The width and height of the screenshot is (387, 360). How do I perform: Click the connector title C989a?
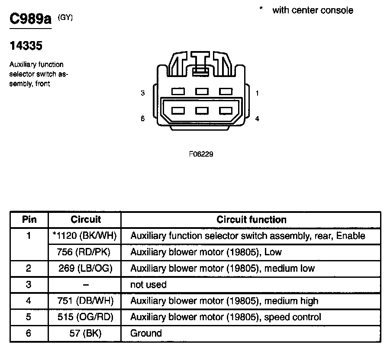click(x=30, y=19)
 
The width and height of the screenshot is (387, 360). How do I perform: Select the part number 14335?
click(x=26, y=46)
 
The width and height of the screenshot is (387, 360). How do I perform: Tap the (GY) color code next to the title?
click(x=65, y=17)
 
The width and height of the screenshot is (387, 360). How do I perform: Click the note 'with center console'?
click(x=313, y=10)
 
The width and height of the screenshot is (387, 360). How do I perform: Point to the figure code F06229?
click(x=201, y=154)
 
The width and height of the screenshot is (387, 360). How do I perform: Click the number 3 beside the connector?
click(x=143, y=93)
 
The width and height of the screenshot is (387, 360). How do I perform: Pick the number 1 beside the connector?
click(x=257, y=93)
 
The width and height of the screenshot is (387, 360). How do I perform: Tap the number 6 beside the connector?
click(x=143, y=119)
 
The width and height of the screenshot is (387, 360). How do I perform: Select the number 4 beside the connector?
click(x=257, y=119)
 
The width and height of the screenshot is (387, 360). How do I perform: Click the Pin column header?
click(x=29, y=220)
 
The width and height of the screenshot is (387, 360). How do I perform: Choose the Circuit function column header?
click(x=252, y=220)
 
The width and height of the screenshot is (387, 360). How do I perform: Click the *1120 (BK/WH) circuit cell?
click(x=85, y=236)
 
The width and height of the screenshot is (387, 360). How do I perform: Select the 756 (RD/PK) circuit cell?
click(x=85, y=252)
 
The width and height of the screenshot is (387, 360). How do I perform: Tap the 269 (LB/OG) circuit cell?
click(x=85, y=268)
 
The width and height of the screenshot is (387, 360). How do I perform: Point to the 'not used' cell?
click(x=148, y=285)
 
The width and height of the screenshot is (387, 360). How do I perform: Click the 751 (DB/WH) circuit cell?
click(x=85, y=301)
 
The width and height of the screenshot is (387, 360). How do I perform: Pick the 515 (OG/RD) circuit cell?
click(x=85, y=317)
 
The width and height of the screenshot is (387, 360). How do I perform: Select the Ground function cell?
click(x=146, y=333)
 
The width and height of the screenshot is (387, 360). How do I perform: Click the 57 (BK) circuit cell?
click(x=85, y=333)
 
